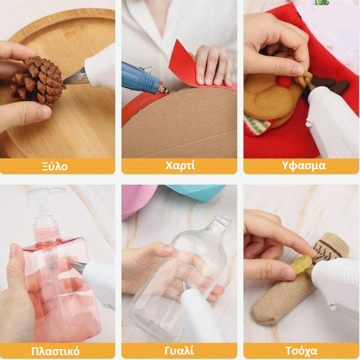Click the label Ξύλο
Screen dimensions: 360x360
pos(55,166)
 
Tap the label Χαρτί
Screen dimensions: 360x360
pos(180,166)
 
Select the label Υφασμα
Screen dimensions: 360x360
pos(304,166)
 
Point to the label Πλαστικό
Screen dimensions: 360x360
pos(55,351)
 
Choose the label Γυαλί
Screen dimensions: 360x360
pos(179,351)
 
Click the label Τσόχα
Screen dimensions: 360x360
pos(301,351)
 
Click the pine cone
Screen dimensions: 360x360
pos(37,81)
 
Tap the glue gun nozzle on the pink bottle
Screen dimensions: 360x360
pos(77,267)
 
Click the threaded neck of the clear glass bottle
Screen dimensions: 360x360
pos(222,220)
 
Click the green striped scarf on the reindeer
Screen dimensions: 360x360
pos(257,124)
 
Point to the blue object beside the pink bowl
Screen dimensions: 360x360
pos(196,192)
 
